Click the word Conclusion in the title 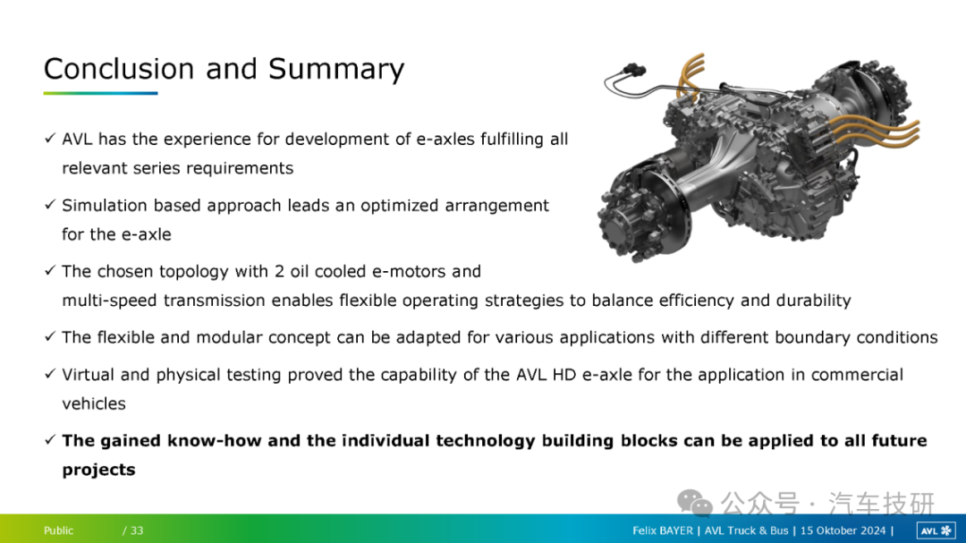pos(120,68)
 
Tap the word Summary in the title pos(336,70)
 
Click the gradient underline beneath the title pos(100,93)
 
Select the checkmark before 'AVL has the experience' pos(50,138)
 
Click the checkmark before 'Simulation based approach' pos(50,205)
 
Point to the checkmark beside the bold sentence pos(50,440)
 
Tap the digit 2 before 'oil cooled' pos(279,271)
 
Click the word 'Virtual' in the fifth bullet pos(88,375)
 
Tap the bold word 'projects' pos(98,471)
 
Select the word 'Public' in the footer pos(58,530)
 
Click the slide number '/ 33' pos(133,530)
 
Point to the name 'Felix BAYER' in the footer pos(662,530)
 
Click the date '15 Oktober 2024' pos(843,530)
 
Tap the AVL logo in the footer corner pos(936,530)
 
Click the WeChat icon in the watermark pos(694,503)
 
